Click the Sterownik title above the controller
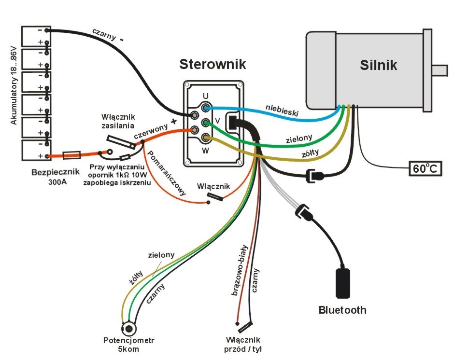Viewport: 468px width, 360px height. pos(213,64)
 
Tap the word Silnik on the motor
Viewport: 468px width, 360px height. pos(378,65)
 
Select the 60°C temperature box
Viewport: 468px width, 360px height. pos(425,168)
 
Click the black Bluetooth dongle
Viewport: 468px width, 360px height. pos(343,283)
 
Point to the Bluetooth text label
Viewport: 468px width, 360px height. pos(342,310)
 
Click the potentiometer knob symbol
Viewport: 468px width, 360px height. pos(129,329)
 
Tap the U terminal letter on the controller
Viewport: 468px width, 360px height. pos(206,96)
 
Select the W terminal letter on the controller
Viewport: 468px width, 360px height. pos(205,151)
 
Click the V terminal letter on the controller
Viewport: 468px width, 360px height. pos(218,121)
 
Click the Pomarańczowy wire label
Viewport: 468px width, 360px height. pos(167,173)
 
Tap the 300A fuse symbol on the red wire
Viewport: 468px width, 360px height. pos(71,155)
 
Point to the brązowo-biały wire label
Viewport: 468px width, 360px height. pos(240,270)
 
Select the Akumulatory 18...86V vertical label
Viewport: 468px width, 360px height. pos(14,85)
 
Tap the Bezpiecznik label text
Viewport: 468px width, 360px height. pos(56,172)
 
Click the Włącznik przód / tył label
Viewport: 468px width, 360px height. pos(243,345)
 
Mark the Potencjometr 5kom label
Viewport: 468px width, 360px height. pos(128,345)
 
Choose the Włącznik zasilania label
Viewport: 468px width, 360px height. pos(118,121)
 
